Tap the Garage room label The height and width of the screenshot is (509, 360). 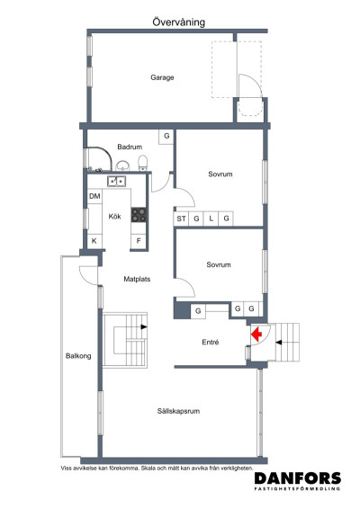point(162,77)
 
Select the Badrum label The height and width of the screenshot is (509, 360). point(130,147)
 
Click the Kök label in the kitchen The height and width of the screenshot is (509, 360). point(114,217)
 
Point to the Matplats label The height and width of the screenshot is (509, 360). point(137,279)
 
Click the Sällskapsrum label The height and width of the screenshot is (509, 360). point(177,411)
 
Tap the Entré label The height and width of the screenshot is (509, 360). point(211,343)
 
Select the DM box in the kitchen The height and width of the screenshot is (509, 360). point(94,196)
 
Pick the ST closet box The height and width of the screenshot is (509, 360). point(181,219)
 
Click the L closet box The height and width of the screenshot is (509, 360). point(211,219)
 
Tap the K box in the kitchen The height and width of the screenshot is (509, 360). point(94,241)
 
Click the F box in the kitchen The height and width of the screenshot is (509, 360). point(139,241)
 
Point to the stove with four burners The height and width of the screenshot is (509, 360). point(139,215)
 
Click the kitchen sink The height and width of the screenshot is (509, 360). point(116,181)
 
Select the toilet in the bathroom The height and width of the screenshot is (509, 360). point(142,163)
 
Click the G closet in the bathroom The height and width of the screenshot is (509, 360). point(166,137)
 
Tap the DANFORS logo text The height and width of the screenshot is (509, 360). point(297,479)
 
